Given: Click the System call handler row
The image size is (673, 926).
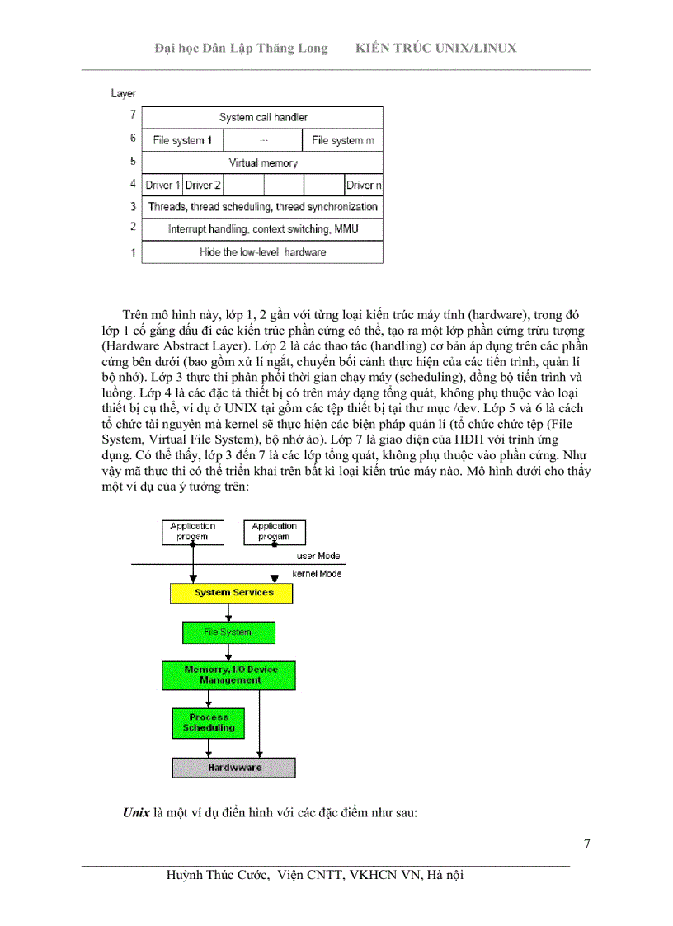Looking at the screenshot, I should (262, 117).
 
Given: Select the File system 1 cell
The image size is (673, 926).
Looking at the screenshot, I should (182, 140).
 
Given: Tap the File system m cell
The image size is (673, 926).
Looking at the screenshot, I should (342, 140).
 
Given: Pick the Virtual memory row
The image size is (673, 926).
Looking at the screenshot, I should (262, 162).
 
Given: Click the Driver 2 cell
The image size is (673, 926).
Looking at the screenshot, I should (203, 185).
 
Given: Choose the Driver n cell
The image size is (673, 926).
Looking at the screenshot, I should (364, 185).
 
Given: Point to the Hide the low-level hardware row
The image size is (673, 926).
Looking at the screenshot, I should (262, 251).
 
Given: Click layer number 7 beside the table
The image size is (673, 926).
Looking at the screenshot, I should (132, 116).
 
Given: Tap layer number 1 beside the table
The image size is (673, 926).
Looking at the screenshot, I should (132, 252).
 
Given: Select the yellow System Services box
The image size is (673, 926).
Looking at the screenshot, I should (233, 593).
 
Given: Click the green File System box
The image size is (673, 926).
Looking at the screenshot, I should (228, 632).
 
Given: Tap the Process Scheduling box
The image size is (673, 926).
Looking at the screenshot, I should (208, 722).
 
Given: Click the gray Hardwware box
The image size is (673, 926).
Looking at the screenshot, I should (233, 768).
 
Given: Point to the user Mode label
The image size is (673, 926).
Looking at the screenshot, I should (318, 557).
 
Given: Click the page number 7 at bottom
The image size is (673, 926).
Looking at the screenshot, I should (586, 843).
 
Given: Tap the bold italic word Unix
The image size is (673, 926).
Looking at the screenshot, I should (136, 812).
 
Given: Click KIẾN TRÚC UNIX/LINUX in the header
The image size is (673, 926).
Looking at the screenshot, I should (435, 48).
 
